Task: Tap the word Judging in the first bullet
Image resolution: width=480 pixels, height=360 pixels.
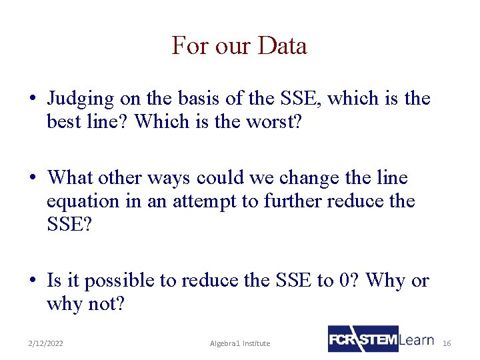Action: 80,99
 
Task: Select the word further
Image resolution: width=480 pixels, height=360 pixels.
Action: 281,201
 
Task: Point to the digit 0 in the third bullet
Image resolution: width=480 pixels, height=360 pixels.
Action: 344,281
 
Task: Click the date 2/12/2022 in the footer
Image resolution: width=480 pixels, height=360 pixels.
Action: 46,343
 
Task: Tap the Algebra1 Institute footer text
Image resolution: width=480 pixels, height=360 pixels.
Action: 240,343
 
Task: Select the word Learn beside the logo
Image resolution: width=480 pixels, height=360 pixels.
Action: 417,339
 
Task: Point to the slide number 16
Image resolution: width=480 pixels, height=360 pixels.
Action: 447,343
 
